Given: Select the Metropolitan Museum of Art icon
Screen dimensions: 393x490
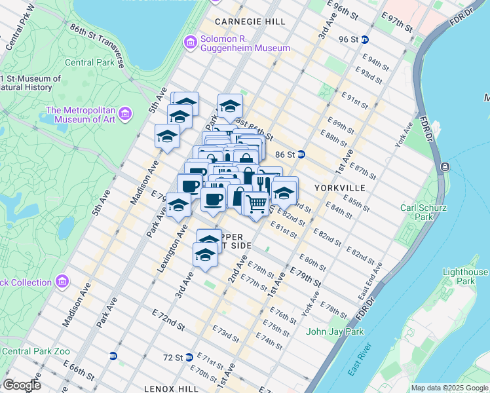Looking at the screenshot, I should [125, 115].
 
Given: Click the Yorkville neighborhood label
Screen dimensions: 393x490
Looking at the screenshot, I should [339, 187].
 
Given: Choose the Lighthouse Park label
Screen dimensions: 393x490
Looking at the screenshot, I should [465, 276].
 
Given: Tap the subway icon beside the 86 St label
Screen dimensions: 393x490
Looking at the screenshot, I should [301, 155].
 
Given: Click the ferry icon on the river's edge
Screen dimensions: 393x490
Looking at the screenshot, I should [445, 168].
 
